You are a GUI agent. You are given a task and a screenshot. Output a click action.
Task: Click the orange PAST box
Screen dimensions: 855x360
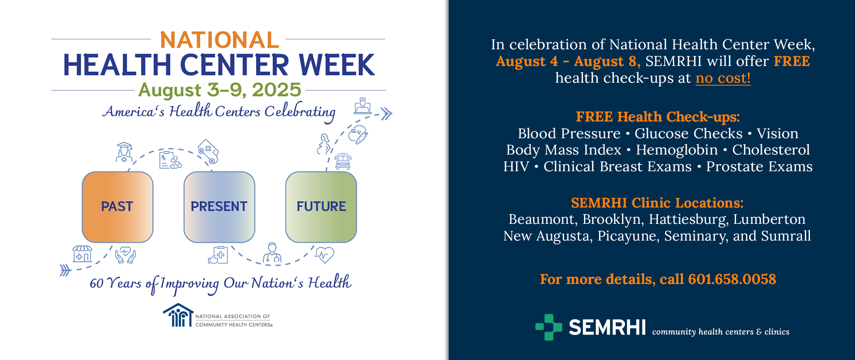pyautogui.click(x=118, y=207)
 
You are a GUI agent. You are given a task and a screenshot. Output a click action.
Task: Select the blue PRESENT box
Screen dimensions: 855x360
pyautogui.click(x=220, y=207)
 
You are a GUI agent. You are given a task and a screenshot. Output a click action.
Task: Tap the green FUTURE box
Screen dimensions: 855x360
pyautogui.click(x=321, y=207)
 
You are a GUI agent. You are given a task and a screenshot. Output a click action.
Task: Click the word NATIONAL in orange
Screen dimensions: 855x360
pyautogui.click(x=220, y=40)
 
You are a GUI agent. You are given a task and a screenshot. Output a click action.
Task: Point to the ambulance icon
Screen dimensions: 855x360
pyautogui.click(x=208, y=152)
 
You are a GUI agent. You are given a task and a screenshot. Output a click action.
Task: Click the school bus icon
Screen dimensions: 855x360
pyautogui.click(x=343, y=161)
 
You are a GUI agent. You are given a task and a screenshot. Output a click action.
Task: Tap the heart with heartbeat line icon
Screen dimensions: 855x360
pyautogui.click(x=324, y=254)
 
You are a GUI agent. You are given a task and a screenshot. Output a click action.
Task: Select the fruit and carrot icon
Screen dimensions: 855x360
pyautogui.click(x=358, y=134)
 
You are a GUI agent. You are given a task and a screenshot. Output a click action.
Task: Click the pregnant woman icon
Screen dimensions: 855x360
pyautogui.click(x=324, y=144)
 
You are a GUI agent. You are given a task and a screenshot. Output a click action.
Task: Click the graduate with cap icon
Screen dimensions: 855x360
pyautogui.click(x=124, y=152)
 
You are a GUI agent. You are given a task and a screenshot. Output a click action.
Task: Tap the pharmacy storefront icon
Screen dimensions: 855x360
pyautogui.click(x=82, y=254)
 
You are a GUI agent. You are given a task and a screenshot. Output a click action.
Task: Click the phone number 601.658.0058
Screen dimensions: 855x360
pyautogui.click(x=732, y=279)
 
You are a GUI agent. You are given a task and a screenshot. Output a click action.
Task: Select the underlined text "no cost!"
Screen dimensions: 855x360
pyautogui.click(x=723, y=78)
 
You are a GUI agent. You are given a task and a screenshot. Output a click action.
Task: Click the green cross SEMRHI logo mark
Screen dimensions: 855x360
pyautogui.click(x=549, y=327)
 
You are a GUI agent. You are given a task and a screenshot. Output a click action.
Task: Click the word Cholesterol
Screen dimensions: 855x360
pyautogui.click(x=771, y=150)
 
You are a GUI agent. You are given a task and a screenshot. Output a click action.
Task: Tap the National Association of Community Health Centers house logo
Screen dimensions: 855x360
pyautogui.click(x=178, y=315)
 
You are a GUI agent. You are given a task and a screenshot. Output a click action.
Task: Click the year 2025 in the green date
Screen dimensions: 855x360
pyautogui.click(x=276, y=90)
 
